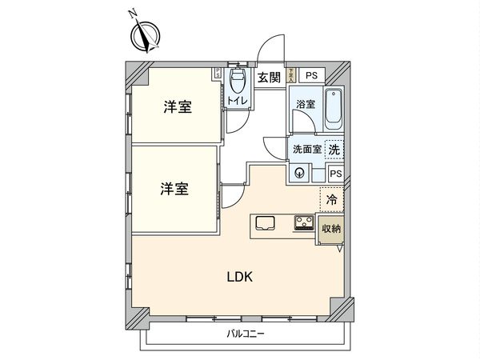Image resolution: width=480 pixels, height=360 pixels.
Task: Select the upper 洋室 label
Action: pyautogui.click(x=178, y=108)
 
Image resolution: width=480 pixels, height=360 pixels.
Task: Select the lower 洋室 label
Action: pyautogui.click(x=174, y=190)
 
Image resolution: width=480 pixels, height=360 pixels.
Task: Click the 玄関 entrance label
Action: pyautogui.click(x=269, y=78)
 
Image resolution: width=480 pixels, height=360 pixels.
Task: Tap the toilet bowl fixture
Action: pyautogui.click(x=238, y=81)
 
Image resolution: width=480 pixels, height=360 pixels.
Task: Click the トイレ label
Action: pyautogui.click(x=238, y=101)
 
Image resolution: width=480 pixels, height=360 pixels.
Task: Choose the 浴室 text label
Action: pyautogui.click(x=306, y=105)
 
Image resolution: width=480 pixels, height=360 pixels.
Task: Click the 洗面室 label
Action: pyautogui.click(x=306, y=149)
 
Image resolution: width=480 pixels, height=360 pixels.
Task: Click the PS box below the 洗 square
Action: pyautogui.click(x=336, y=174)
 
